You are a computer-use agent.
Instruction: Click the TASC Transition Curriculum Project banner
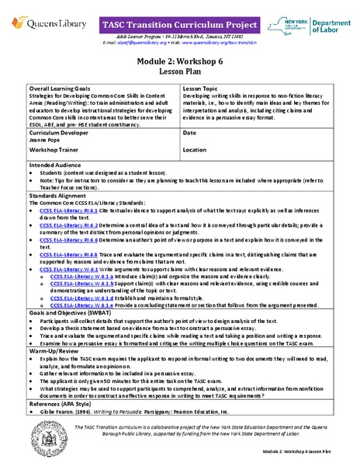pyautogui.click(x=178, y=25)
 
